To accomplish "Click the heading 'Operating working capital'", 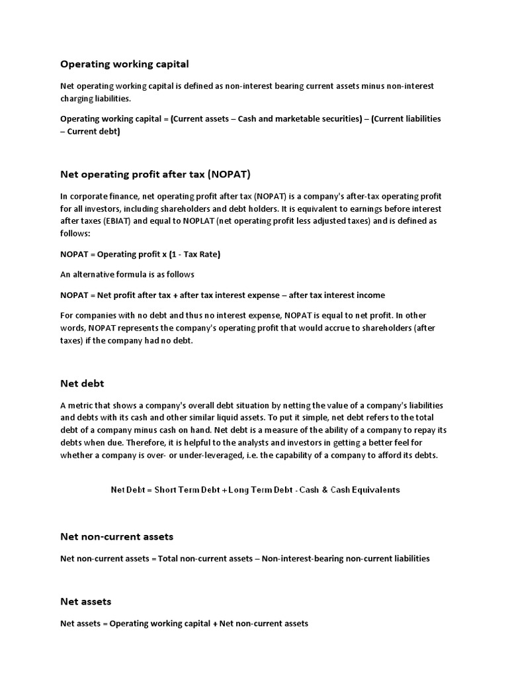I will coord(124,64).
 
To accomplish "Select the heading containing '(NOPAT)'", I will coord(155,175).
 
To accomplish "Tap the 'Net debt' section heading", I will coord(82,383).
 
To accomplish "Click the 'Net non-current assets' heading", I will coord(116,536).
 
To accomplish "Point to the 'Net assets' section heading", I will coord(86,601).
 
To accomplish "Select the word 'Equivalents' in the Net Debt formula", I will coord(376,490).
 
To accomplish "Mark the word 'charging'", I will coord(77,99).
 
